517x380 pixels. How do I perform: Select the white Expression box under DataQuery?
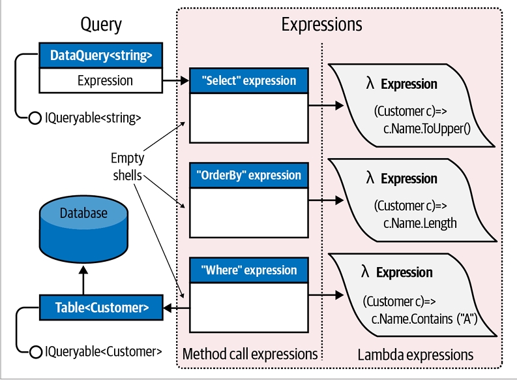point(101,81)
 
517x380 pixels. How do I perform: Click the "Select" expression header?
point(249,81)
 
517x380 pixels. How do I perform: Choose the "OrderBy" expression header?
point(249,176)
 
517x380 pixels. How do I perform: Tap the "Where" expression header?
point(249,270)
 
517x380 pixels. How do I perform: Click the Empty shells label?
point(128,167)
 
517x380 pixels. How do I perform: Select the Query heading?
point(101,25)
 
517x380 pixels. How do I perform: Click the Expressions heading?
point(321,25)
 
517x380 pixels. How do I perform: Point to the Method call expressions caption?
point(250,355)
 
